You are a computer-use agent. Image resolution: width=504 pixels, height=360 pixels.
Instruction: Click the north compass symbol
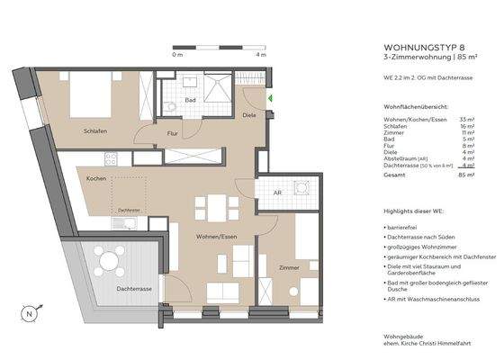point(30,314)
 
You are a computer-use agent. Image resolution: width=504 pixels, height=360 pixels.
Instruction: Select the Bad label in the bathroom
point(191,100)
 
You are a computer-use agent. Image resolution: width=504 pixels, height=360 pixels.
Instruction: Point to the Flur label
point(173,134)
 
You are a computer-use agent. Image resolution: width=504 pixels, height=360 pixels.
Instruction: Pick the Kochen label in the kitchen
point(97,179)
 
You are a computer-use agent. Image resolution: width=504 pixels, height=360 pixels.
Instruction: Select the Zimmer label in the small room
point(289,267)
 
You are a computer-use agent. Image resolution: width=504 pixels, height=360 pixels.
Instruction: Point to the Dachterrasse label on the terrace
point(133,288)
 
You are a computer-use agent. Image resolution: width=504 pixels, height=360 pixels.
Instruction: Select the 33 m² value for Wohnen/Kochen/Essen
point(467,119)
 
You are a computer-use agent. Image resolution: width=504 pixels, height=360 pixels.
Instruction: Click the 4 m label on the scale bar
point(261,56)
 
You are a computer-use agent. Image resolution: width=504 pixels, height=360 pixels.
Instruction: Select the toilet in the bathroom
point(171,106)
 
